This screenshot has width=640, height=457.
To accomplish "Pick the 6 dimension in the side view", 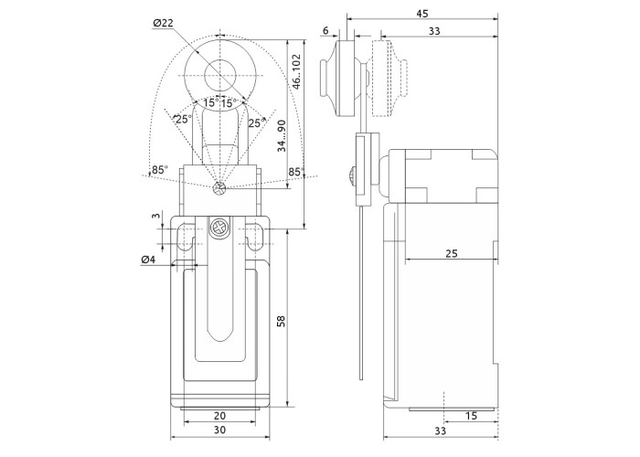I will [326, 31].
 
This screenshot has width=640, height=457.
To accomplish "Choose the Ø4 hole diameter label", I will [149, 260].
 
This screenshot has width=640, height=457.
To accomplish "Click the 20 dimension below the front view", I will [219, 416].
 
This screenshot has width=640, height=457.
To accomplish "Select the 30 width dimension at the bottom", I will [219, 430].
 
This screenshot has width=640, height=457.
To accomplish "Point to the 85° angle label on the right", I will [294, 171].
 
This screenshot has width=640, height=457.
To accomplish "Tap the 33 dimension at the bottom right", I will [441, 430].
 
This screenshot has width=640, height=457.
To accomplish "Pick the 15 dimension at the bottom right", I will [471, 416].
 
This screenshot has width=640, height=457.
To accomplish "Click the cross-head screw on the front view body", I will [219, 228].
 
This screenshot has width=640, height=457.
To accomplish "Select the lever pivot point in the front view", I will [219, 189].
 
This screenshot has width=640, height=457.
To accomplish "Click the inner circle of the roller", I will [219, 72].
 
